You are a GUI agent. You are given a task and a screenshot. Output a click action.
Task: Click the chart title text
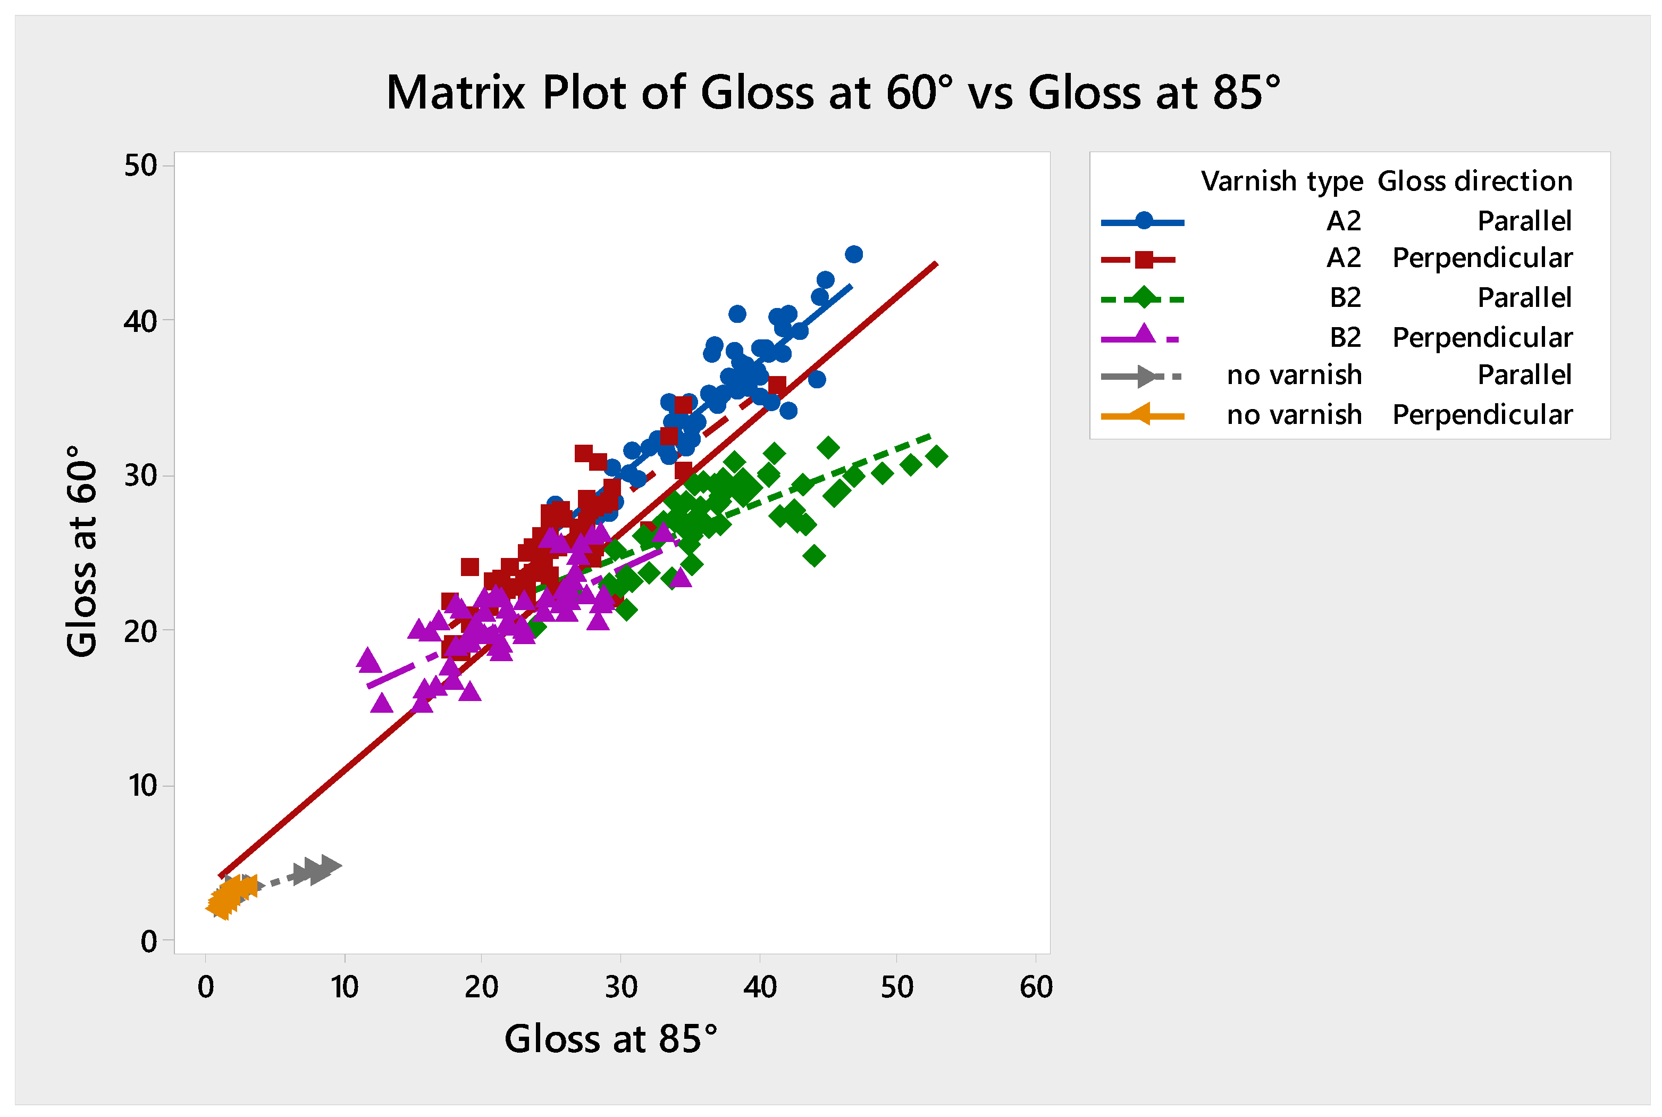coord(833,93)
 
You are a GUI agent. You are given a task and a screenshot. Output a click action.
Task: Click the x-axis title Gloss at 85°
coord(611,1039)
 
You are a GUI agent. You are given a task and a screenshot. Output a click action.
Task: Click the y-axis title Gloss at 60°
coord(82,551)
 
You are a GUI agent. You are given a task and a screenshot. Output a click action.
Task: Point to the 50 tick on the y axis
coord(140,165)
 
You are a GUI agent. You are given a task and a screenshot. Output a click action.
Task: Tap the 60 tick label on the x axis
coord(1035,987)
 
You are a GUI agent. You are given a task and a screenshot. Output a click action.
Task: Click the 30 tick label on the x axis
coord(620,987)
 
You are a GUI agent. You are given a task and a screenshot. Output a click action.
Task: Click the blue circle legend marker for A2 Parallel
coord(1144,221)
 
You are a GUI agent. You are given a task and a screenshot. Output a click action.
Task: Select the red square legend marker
coord(1144,260)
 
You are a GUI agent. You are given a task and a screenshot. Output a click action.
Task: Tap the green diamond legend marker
coord(1144,298)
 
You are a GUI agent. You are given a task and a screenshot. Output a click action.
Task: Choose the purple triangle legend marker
coord(1144,334)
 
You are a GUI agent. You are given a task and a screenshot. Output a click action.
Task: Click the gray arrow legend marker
coord(1146,376)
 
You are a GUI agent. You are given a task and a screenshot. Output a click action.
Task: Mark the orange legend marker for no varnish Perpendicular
coord(1141,414)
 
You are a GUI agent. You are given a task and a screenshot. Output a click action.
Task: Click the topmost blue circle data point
coord(854,254)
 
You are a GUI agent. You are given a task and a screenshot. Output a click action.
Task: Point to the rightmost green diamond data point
coord(937,456)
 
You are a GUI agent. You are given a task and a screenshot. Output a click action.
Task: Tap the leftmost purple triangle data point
coord(368,658)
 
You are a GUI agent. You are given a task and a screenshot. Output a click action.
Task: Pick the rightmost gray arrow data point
coord(330,865)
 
